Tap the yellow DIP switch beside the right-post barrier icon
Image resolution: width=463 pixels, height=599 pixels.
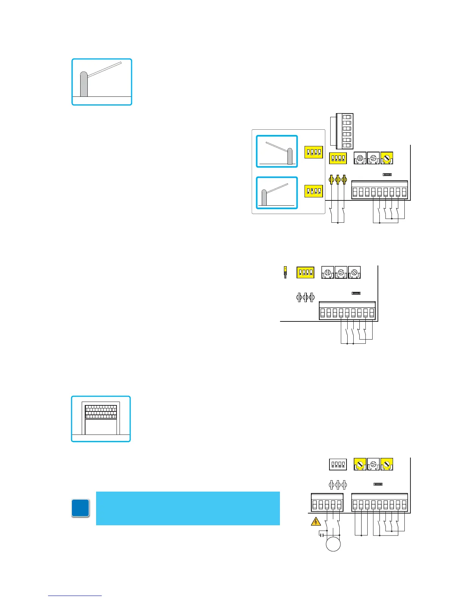tap(314, 152)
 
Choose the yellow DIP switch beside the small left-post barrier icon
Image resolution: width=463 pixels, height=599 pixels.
tap(314, 191)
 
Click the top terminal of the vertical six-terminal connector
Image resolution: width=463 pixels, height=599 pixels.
tap(347, 117)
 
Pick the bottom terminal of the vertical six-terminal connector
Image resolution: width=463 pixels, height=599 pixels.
tap(347, 146)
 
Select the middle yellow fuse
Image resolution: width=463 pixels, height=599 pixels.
tap(338, 179)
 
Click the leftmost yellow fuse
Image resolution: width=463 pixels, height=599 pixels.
tap(332, 179)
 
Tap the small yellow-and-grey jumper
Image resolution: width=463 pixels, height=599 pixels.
tap(285, 272)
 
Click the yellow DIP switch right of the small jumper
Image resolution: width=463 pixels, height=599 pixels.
tap(305, 272)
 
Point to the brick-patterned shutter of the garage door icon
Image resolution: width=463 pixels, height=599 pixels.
tap(101, 412)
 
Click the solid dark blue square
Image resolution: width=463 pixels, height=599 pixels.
tap(81, 508)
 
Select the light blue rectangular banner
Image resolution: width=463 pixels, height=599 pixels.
tap(188, 508)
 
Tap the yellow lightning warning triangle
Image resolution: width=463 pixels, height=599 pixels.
tap(315, 522)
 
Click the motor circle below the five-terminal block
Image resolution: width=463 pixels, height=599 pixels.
tap(333, 544)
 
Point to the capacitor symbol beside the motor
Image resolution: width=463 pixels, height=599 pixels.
tap(322, 535)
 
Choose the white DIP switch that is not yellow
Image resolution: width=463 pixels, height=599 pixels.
tap(338, 464)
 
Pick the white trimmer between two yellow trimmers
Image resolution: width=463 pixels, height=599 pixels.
tap(373, 464)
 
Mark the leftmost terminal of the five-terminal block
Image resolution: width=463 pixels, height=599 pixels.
tap(315, 505)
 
